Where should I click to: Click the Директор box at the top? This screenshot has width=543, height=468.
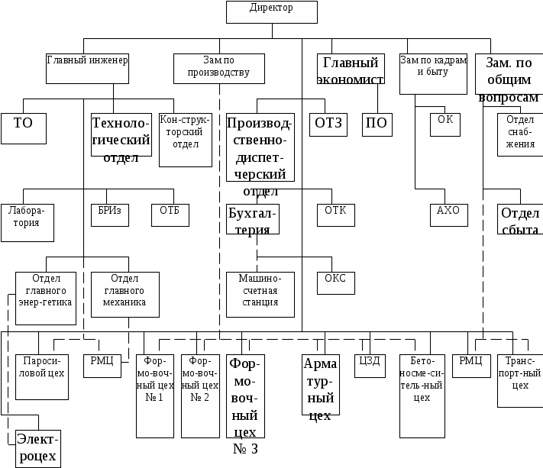click(271, 11)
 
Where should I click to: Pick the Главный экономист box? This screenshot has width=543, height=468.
click(350, 69)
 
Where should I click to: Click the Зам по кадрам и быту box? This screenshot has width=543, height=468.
click(433, 73)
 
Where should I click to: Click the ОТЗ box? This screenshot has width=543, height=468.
click(328, 124)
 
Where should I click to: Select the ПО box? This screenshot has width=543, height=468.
click(377, 124)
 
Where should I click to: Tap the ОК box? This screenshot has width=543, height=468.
click(445, 124)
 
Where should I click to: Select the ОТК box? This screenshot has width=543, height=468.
click(336, 215)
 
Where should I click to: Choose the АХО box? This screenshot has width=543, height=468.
click(448, 215)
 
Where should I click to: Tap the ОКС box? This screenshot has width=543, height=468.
click(336, 282)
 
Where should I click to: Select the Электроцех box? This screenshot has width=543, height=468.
click(37, 448)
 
